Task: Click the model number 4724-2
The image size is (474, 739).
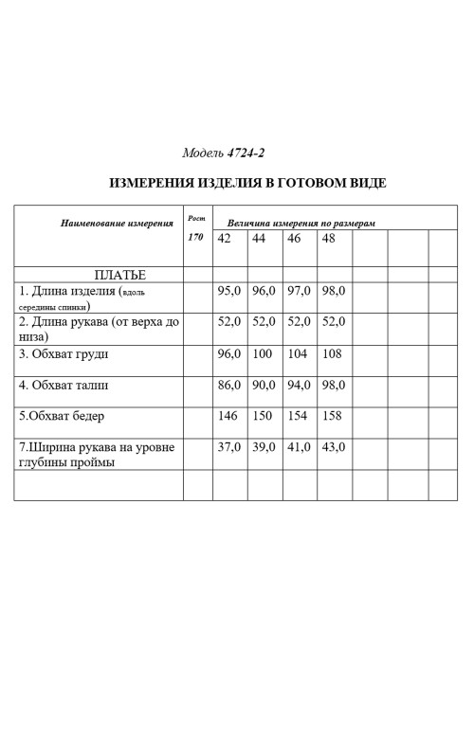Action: point(245,153)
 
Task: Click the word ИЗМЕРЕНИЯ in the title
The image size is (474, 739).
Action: point(151,183)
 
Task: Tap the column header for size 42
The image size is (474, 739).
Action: point(225,238)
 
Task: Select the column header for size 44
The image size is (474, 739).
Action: point(259,238)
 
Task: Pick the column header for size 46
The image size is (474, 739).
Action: point(293,238)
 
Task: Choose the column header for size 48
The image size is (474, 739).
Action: point(329,238)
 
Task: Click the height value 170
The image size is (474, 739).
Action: point(195,237)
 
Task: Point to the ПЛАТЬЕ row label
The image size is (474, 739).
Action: point(113,274)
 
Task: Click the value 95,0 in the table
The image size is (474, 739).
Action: point(229,291)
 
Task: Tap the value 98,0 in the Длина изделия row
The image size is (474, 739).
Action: point(333,291)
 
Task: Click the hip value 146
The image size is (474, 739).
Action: point(229,415)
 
